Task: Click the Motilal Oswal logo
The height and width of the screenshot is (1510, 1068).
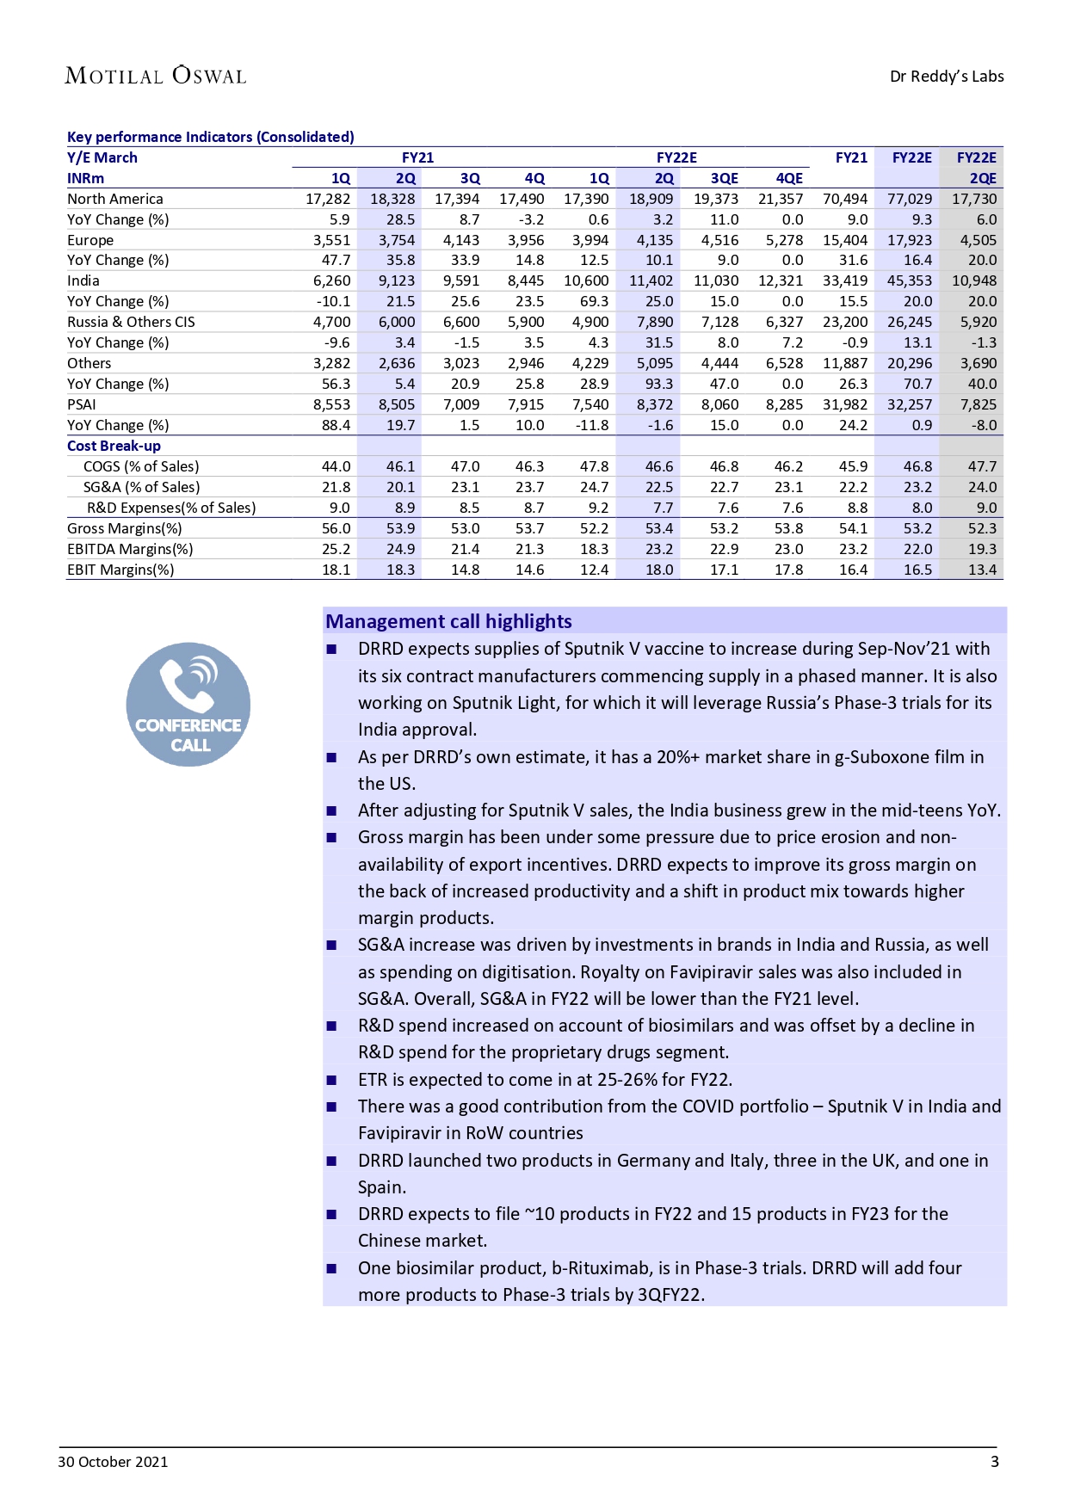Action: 156,76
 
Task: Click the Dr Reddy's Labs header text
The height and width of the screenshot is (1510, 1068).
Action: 946,77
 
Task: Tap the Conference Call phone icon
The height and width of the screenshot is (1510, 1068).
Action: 188,704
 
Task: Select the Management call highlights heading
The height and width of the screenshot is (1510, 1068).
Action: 448,621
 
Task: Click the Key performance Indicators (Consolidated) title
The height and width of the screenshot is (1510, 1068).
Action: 210,137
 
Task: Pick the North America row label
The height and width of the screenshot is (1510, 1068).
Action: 115,199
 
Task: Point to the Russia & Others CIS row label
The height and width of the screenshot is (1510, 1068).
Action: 131,322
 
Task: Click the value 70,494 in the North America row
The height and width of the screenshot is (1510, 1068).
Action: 844,199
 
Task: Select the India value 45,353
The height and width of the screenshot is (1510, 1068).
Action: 909,280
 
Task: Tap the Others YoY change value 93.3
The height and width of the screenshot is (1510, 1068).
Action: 659,384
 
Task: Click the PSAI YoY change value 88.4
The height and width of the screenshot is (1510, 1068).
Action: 336,425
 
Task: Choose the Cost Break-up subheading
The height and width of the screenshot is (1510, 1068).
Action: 114,446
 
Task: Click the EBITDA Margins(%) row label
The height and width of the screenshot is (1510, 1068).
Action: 130,549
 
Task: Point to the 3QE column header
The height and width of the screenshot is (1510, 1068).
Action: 724,178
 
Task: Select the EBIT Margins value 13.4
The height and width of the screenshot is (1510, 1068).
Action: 982,570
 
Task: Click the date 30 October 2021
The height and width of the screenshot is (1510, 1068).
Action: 113,1462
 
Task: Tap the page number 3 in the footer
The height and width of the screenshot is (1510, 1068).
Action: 995,1462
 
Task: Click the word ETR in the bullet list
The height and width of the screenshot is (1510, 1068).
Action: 373,1080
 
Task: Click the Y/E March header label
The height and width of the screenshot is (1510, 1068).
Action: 102,157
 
